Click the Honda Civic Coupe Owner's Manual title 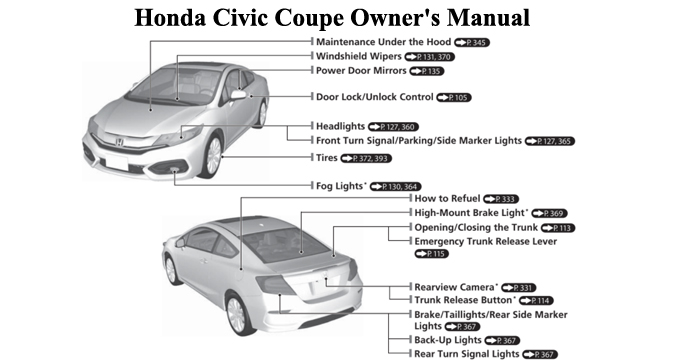coord(349,18)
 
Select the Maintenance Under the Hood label coord(383,44)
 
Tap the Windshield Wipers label coord(358,58)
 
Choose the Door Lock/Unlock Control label coord(374,98)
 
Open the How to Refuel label coord(448,199)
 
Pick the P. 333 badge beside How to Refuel coord(501,200)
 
